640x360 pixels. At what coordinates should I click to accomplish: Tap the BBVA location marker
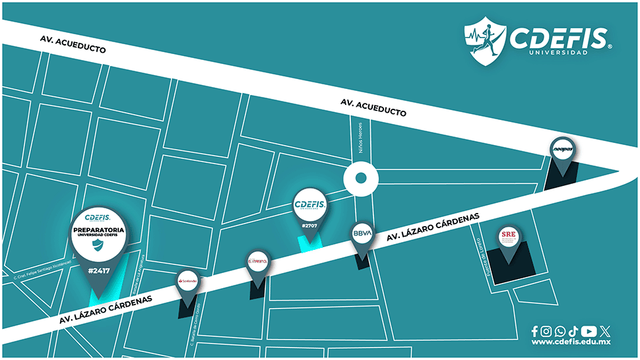tap(362, 234)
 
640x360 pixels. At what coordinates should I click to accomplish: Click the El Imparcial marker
tap(257, 262)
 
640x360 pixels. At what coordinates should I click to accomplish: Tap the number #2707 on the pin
tap(309, 225)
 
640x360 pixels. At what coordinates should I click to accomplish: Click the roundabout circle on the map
tap(360, 178)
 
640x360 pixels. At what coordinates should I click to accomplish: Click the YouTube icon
tap(589, 331)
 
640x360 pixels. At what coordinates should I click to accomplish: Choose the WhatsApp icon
tap(560, 331)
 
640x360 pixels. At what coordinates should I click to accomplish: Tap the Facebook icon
tap(534, 331)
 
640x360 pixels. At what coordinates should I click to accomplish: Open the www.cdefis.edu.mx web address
tap(571, 342)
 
